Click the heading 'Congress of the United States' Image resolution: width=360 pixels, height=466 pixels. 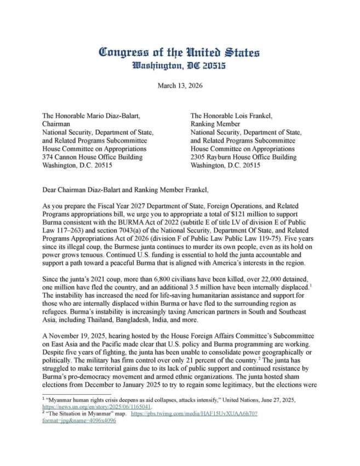(x=180, y=53)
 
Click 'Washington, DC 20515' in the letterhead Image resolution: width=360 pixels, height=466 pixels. (x=180, y=66)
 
